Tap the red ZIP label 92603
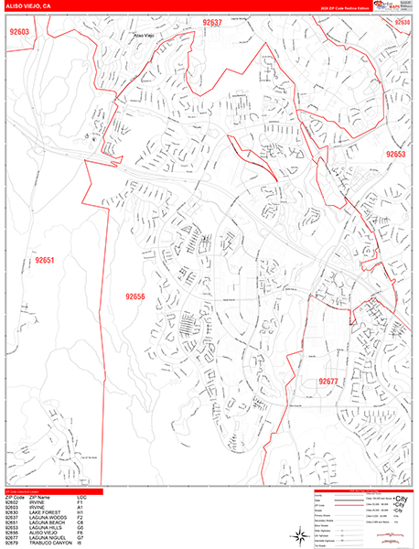point(19,32)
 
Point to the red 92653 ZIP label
point(395,155)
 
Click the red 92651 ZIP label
point(46,261)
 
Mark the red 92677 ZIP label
point(328,382)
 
